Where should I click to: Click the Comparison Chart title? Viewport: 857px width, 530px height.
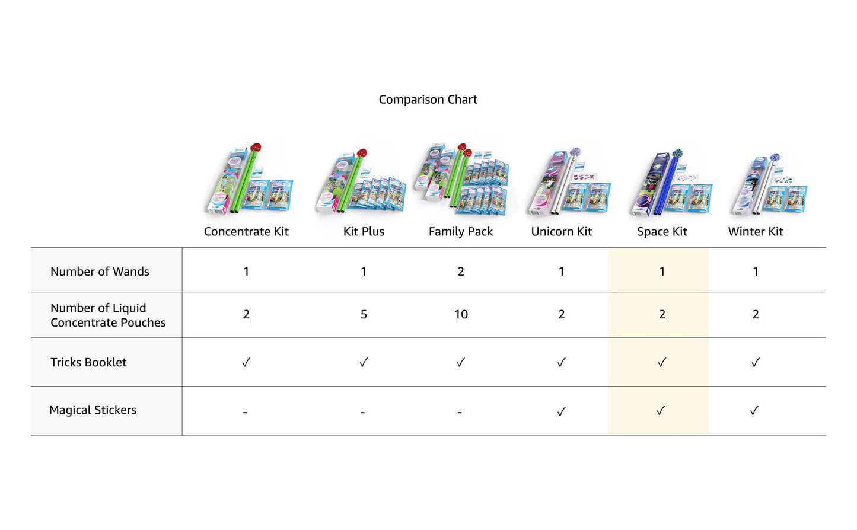tap(428, 100)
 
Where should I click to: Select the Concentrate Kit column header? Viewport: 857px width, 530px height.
tap(246, 232)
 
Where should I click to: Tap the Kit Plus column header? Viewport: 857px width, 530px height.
tap(364, 232)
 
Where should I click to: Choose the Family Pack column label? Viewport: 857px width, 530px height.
tap(461, 232)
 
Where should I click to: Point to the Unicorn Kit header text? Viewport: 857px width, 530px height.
tap(561, 232)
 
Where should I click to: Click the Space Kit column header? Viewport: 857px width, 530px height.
tap(662, 232)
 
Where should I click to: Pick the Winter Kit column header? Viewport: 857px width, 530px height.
tap(756, 232)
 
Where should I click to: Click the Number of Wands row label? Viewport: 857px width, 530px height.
tap(100, 272)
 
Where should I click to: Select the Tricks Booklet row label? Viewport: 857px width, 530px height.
tap(88, 362)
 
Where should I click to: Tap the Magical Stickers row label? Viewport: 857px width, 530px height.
tap(93, 410)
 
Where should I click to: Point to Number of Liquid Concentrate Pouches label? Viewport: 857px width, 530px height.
tap(107, 315)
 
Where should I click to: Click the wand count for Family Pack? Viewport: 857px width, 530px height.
tap(461, 272)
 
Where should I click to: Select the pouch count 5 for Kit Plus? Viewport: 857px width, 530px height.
tap(364, 315)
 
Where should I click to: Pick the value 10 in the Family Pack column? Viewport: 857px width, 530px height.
tap(461, 315)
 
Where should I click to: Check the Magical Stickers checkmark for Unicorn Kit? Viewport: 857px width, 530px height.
tap(561, 411)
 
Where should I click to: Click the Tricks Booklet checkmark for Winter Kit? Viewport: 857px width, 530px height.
tap(755, 362)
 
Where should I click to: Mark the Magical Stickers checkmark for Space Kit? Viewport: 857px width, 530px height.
tap(661, 411)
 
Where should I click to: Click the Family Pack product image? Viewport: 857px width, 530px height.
tap(461, 178)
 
